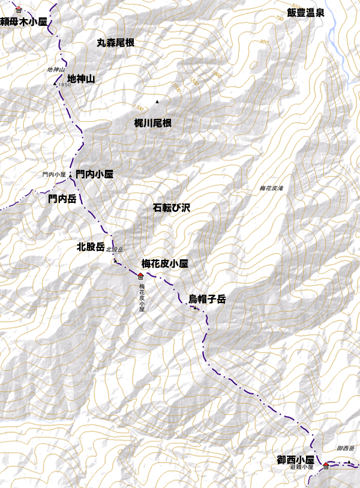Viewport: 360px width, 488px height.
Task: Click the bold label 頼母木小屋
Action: (23, 22)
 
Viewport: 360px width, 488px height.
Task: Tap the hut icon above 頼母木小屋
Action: (19, 10)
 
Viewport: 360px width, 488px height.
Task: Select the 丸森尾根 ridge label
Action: (115, 43)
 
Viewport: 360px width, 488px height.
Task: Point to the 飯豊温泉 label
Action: (305, 13)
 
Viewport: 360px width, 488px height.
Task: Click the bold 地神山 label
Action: (82, 79)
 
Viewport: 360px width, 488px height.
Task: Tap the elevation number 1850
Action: (65, 85)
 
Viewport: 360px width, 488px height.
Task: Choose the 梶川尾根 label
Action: (153, 123)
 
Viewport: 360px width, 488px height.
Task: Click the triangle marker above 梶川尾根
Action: (157, 102)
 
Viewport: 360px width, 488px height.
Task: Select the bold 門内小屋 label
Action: (94, 175)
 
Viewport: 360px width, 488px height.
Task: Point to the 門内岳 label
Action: (62, 198)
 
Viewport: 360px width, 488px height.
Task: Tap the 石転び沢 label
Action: (172, 208)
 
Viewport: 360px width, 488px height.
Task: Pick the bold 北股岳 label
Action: (91, 246)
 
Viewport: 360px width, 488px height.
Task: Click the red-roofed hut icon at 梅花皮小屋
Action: (140, 276)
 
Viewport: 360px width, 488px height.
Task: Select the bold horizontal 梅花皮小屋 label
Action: (165, 263)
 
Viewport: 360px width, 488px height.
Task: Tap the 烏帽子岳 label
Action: (207, 298)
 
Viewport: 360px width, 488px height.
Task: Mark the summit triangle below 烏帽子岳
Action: (196, 309)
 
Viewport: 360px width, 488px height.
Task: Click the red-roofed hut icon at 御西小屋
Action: (326, 466)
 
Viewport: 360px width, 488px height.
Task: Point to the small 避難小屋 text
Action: (302, 466)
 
